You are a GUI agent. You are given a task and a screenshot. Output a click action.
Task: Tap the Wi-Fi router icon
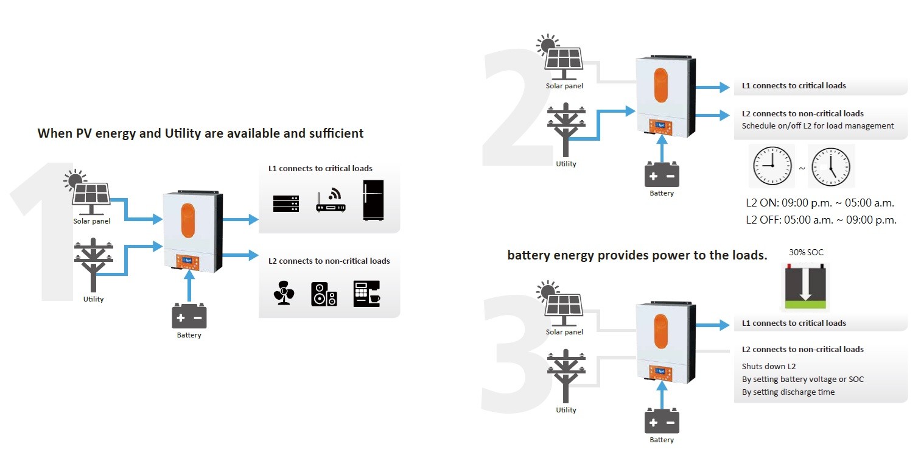click(331, 201)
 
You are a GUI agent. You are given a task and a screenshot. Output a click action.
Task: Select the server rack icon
click(286, 201)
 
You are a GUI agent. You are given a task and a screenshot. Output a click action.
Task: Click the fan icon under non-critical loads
click(284, 294)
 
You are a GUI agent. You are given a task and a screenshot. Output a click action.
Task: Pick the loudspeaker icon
click(324, 294)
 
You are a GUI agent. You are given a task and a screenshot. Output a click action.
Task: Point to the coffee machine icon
click(366, 293)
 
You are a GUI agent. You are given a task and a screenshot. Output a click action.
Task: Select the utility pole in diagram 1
click(94, 267)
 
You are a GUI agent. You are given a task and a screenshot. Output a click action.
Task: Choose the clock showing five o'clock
click(831, 166)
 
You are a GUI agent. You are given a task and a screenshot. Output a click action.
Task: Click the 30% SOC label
click(806, 252)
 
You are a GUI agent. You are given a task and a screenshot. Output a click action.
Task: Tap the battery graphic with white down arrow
click(805, 288)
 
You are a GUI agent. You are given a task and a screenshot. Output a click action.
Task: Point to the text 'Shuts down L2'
click(769, 367)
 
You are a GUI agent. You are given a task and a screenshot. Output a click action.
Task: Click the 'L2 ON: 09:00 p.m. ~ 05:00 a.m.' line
click(820, 203)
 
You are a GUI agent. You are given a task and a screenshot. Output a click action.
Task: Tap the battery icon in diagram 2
click(662, 175)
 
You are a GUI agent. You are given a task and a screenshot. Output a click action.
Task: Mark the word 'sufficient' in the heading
click(335, 133)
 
